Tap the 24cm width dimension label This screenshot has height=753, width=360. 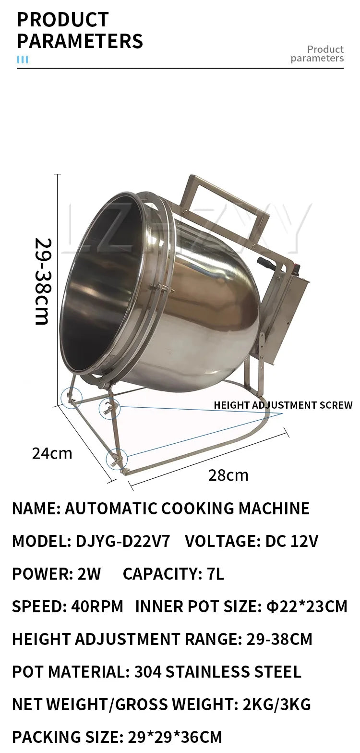pos(52,453)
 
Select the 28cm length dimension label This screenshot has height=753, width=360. pos(228,475)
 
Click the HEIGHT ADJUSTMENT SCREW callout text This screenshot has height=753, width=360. pos(283,405)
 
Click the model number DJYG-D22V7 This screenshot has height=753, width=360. pos(123,541)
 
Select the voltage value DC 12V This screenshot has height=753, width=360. pos(292,541)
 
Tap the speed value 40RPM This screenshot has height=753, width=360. pos(97,607)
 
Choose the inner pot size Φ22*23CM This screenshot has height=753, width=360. pos(306,607)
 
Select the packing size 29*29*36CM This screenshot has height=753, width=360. pos(175,737)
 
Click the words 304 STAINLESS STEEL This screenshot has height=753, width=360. pos(218,672)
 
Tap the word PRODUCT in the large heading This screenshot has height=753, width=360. pos(62,20)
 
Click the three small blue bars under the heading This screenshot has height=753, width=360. pos(23,60)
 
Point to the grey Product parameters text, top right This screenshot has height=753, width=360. pos(318,54)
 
